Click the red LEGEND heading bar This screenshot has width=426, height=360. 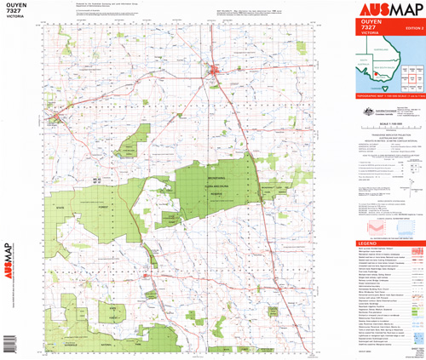(387, 244)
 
